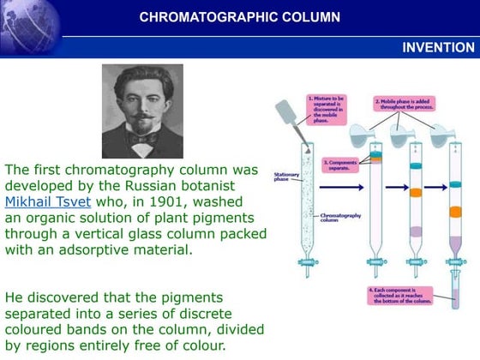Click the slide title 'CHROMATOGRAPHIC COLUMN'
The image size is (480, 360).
[x=239, y=17]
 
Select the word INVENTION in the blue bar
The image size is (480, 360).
[x=438, y=47]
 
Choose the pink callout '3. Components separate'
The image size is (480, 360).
[x=341, y=164]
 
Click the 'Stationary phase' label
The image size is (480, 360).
[x=286, y=177]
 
